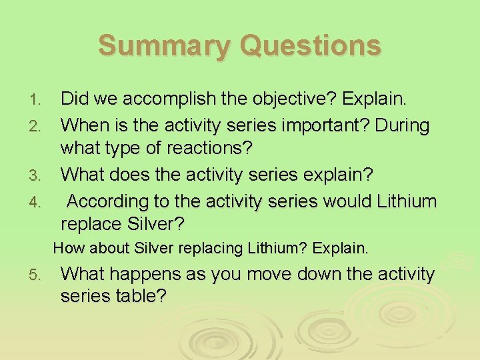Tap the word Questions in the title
point(311,47)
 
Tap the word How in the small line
point(67,249)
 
